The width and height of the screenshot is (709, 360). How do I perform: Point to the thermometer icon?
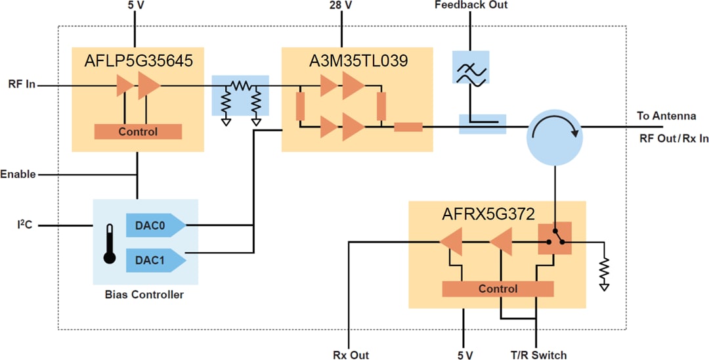tap(110, 243)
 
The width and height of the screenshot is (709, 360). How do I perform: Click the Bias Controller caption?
tap(144, 294)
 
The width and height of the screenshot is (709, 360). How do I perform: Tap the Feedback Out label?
tap(471, 5)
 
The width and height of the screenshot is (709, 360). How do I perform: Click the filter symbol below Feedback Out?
tap(471, 67)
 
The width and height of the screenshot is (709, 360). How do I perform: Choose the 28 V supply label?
tap(341, 5)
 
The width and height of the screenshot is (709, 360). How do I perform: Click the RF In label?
tap(22, 84)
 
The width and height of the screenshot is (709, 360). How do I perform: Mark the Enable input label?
tap(18, 175)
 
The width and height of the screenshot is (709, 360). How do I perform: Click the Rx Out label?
tap(351, 355)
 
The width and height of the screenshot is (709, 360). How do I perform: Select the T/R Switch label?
tap(538, 355)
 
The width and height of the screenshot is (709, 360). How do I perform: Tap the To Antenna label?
tap(666, 116)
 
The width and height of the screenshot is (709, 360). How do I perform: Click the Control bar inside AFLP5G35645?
tap(138, 131)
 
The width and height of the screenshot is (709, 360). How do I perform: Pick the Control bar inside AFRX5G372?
tap(498, 288)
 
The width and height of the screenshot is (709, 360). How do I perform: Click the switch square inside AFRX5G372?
tap(555, 242)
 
